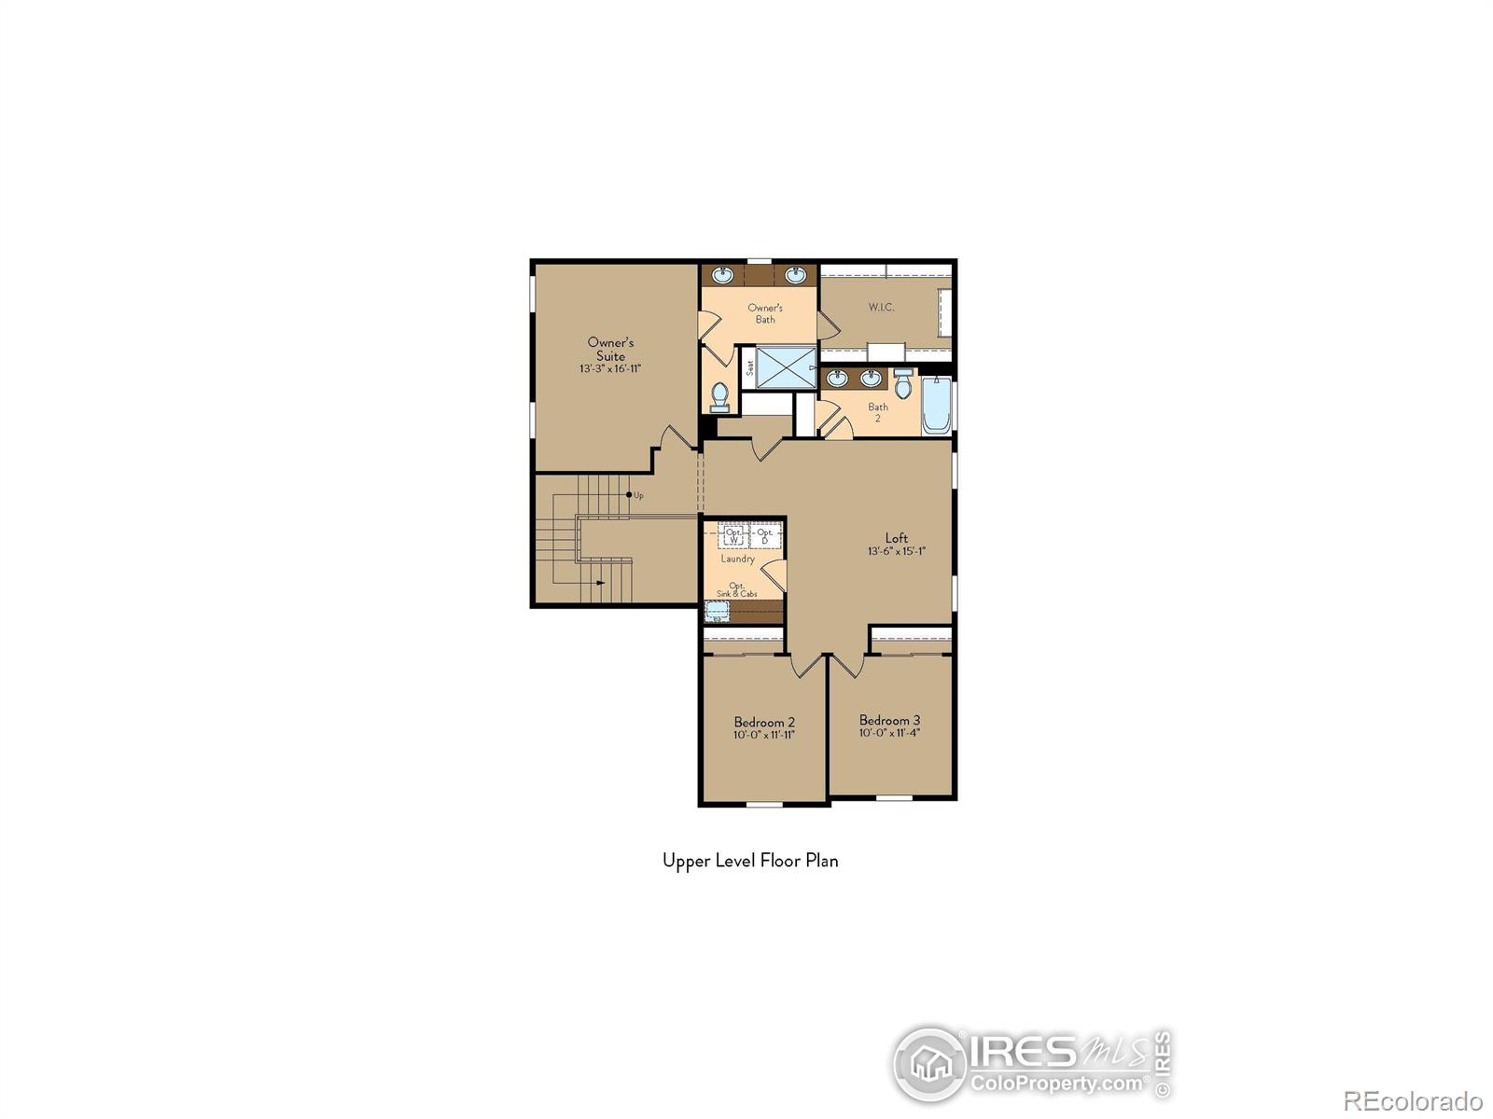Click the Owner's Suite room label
[x=610, y=349]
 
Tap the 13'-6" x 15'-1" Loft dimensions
[x=896, y=551]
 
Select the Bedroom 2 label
[x=764, y=722]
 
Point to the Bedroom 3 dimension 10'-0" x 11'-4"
[x=889, y=733]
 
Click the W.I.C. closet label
[x=881, y=307]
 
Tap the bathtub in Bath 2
[x=936, y=407]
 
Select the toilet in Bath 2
[x=902, y=383]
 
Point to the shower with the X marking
[x=785, y=367]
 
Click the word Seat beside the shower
[x=749, y=367]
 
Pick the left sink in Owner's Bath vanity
[x=722, y=275]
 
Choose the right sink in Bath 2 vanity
[x=871, y=378]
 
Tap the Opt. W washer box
[x=733, y=536]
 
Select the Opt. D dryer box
[x=765, y=536]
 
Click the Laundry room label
[x=737, y=559]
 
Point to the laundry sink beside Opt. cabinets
[x=717, y=612]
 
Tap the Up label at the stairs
[x=638, y=495]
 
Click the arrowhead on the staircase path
[x=600, y=583]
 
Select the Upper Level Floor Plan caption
[x=750, y=861]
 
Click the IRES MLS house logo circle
[x=929, y=1064]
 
